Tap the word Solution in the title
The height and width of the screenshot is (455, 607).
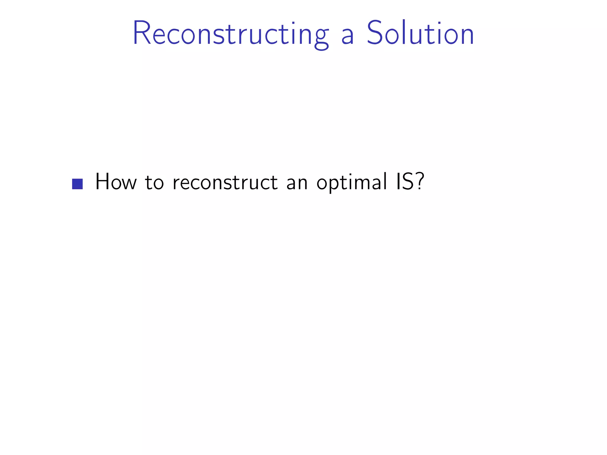(x=420, y=33)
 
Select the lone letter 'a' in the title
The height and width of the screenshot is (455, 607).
(x=348, y=37)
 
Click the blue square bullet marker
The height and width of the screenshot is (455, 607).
(x=77, y=184)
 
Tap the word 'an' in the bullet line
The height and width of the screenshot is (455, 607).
(x=297, y=184)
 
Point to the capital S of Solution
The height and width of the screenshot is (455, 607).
(x=376, y=33)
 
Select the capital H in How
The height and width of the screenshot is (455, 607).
(x=103, y=181)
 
